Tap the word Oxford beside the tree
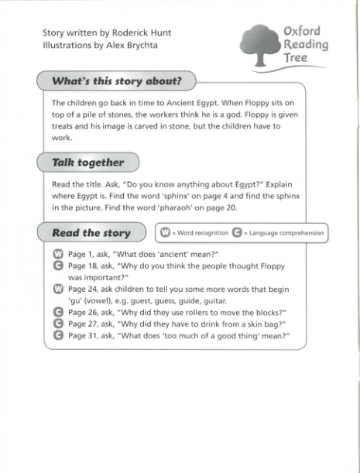pyautogui.click(x=301, y=33)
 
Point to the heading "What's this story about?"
pyautogui.click(x=116, y=81)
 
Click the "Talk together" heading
pyautogui.click(x=87, y=163)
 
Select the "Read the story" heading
pyautogui.click(x=91, y=233)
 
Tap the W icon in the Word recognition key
pyautogui.click(x=165, y=232)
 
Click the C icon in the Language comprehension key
pyautogui.click(x=237, y=232)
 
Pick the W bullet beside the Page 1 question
pyautogui.click(x=57, y=255)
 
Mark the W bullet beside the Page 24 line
pyautogui.click(x=57, y=290)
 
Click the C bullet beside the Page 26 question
pyautogui.click(x=57, y=313)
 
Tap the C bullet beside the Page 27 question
pyautogui.click(x=57, y=324)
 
